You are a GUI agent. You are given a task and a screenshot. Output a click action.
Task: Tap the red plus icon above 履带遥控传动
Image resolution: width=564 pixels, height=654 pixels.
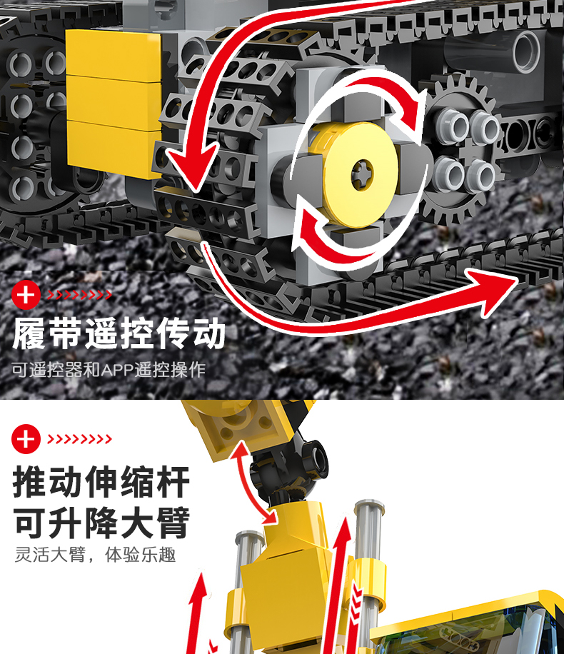tap(26, 295)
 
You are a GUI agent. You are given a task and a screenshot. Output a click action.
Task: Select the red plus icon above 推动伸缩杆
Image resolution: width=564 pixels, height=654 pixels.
tap(26, 439)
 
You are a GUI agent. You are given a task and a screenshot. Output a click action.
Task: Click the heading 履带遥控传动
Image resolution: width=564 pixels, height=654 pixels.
tap(119, 333)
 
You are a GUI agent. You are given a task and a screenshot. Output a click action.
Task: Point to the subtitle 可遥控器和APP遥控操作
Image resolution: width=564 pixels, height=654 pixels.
tap(109, 370)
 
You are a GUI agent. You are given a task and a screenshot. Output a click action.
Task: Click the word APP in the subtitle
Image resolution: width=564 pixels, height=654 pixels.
tap(117, 370)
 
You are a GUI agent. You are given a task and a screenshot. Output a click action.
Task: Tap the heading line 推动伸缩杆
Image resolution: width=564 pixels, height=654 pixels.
tap(101, 482)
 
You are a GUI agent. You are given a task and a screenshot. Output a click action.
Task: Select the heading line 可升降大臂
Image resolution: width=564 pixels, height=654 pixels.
tap(101, 523)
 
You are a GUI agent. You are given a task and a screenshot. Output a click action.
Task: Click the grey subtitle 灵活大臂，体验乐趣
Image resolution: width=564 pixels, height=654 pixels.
tap(95, 555)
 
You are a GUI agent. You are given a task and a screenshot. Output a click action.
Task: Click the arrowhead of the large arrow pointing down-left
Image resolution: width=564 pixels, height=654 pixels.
tap(192, 167)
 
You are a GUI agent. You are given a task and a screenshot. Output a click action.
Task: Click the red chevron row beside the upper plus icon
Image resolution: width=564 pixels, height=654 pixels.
tap(79, 295)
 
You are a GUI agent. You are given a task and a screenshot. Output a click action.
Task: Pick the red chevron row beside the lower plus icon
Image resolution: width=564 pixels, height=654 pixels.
tap(79, 439)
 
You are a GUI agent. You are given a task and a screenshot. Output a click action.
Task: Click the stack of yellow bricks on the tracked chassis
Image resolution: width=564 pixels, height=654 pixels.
tap(114, 104)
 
